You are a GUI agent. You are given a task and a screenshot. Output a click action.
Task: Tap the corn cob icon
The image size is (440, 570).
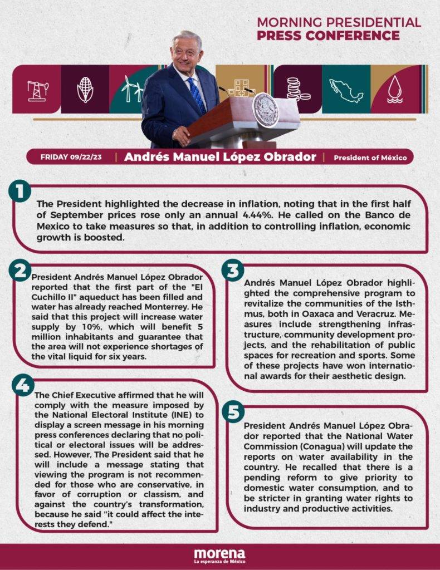pyautogui.click(x=85, y=89)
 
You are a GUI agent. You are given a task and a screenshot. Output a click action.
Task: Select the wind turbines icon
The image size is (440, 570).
pyautogui.click(x=131, y=89)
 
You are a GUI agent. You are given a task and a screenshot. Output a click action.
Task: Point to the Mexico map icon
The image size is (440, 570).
pyautogui.click(x=346, y=89)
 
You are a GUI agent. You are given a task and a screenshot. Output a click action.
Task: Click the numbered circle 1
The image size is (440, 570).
pyautogui.click(x=19, y=193)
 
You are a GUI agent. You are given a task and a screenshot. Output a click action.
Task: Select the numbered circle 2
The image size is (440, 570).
pyautogui.click(x=19, y=271)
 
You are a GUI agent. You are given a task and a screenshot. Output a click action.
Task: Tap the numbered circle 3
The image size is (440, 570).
pyautogui.click(x=232, y=271)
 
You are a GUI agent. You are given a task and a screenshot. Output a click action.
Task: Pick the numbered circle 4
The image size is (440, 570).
pyautogui.click(x=23, y=385)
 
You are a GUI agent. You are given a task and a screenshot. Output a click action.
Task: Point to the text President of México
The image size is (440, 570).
pyautogui.click(x=370, y=158)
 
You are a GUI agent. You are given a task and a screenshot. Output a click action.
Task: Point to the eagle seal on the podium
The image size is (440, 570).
pyautogui.click(x=266, y=110)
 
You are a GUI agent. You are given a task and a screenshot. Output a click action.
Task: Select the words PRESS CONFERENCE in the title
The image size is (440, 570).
pyautogui.click(x=328, y=36)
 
